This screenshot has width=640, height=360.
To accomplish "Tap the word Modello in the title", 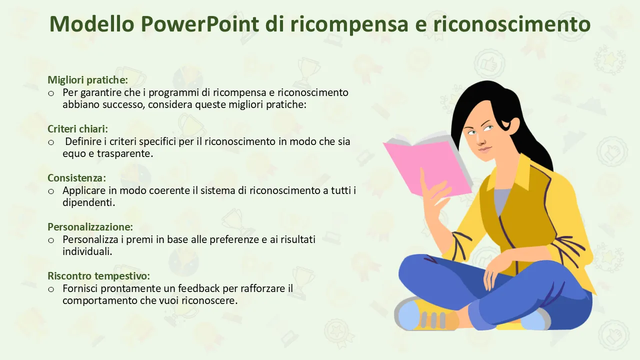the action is tap(92, 23).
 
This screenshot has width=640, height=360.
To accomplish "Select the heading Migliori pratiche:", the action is tap(87, 80).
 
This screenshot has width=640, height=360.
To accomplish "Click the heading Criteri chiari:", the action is tap(77, 129).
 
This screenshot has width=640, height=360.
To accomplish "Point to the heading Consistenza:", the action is tap(76, 178).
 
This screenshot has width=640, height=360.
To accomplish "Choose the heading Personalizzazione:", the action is tap(90, 227).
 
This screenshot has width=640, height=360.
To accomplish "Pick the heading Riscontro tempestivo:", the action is tap(98, 276).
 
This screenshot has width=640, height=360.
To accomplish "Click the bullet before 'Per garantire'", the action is tap(51, 93).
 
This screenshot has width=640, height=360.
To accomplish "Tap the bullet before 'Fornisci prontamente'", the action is tap(51, 289).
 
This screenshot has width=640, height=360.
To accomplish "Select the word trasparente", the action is tap(125, 154).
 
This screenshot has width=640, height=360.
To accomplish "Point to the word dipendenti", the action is tap(88, 202).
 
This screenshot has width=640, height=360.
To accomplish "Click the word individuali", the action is tap(87, 251).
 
